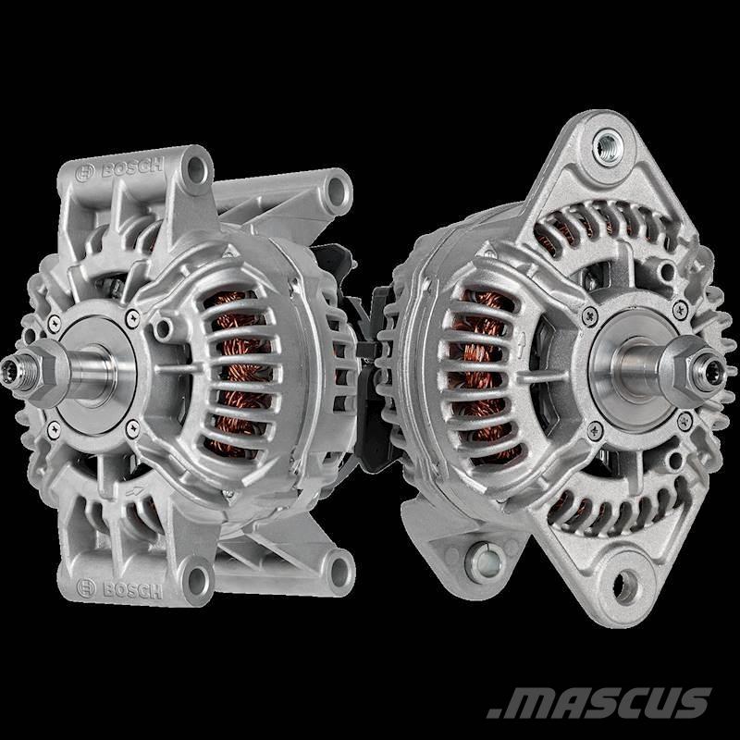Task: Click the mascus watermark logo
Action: pos(598,702)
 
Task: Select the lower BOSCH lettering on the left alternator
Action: pos(132,590)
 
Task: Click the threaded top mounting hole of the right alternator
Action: pos(608,147)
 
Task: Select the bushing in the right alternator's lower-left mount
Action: pos(482,562)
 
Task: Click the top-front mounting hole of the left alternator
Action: pos(196,168)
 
